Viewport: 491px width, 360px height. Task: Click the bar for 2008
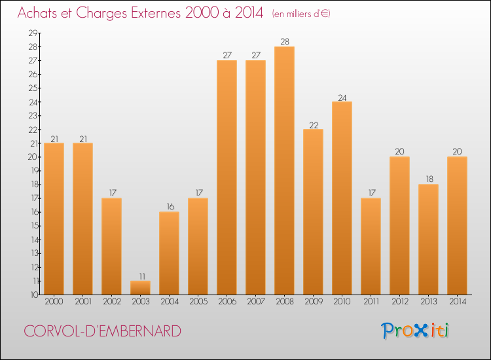point(284,170)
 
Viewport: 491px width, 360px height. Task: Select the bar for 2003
point(140,287)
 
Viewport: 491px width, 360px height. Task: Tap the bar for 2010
point(342,198)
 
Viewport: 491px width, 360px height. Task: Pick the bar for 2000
point(54,219)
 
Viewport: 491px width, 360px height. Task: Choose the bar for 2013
point(428,239)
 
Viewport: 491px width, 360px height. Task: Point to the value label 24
point(342,97)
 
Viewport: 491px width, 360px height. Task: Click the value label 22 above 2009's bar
point(313,124)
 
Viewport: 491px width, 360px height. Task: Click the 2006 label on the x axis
point(227,302)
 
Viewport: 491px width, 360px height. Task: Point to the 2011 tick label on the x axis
point(371,302)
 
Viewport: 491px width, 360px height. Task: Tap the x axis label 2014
point(457,302)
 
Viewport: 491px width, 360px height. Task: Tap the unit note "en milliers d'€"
point(301,14)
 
